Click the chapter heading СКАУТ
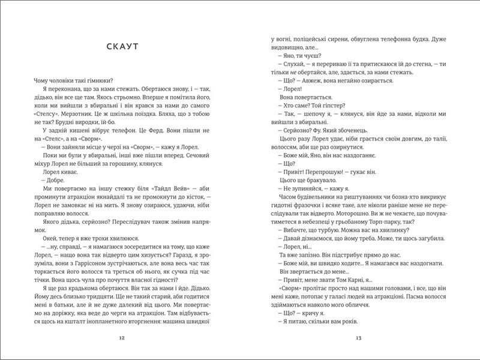coord(122,47)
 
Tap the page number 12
coord(122,338)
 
